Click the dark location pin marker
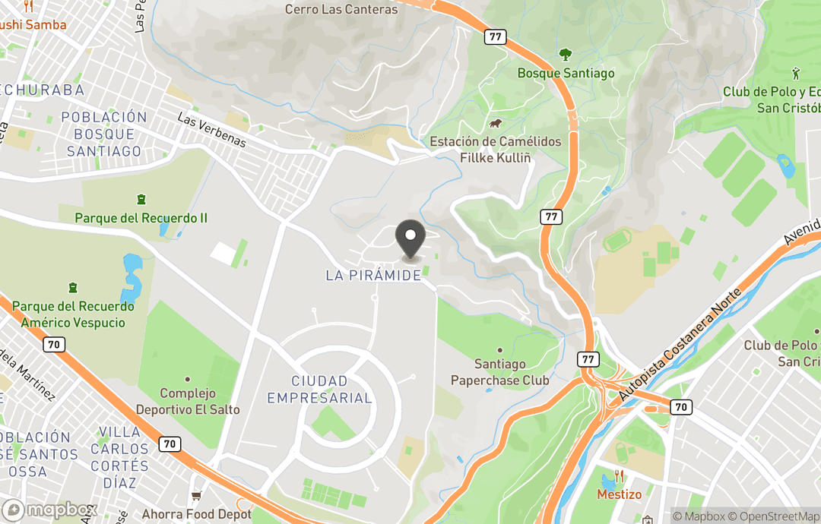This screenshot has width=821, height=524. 410,238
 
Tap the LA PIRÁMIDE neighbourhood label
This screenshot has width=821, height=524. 373,276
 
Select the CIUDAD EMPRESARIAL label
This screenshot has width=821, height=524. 319,389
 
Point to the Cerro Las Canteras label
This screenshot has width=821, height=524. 341,10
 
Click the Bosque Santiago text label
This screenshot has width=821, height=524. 566,74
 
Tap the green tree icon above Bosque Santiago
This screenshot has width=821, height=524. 565,55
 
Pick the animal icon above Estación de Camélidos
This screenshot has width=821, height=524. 495,124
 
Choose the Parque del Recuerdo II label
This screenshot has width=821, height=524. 141,218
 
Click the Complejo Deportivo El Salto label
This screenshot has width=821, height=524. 188,402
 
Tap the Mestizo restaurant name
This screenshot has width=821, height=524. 618,494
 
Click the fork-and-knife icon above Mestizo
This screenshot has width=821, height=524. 619,477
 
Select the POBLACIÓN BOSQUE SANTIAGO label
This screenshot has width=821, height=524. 103,134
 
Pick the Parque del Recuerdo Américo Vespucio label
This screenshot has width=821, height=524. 73,314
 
